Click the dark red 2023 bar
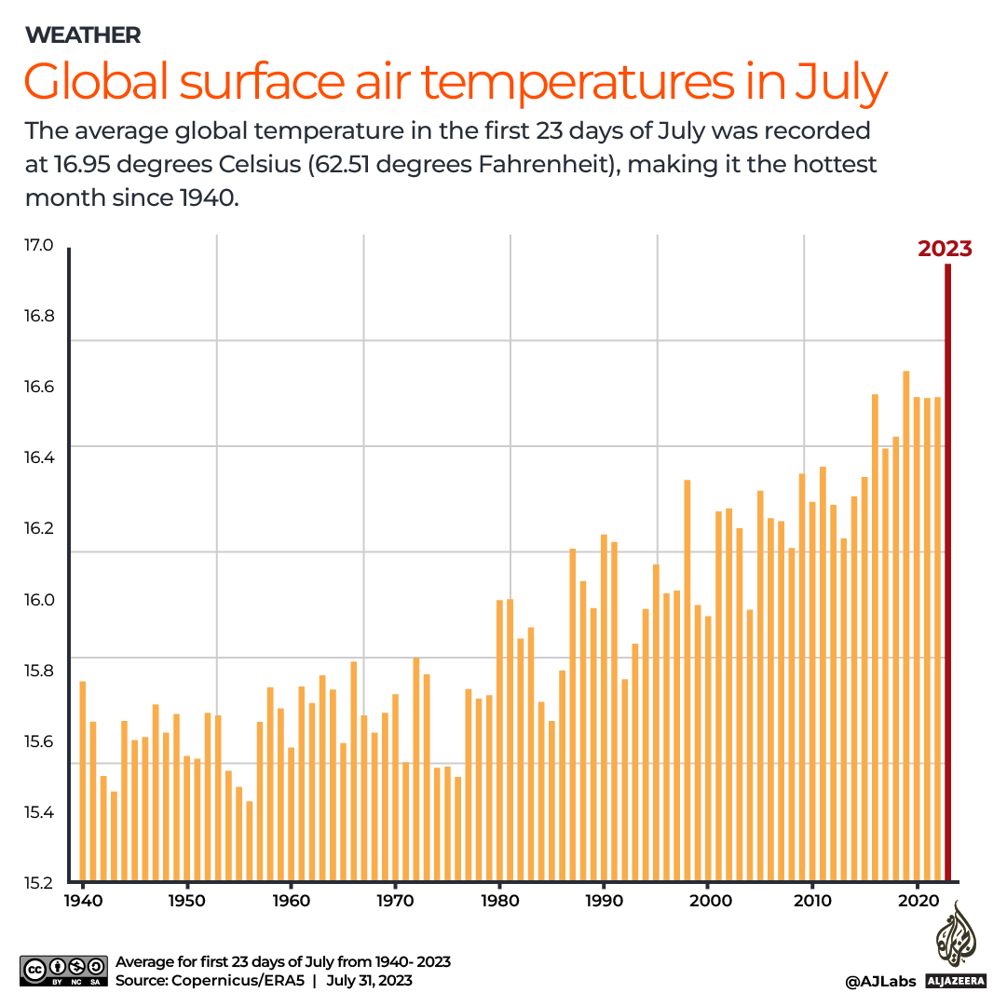(x=948, y=578)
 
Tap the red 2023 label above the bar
(x=945, y=249)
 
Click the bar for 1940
(x=83, y=782)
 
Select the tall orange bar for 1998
(x=687, y=680)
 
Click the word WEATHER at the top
(x=83, y=35)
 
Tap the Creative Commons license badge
(x=61, y=970)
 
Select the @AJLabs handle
(x=880, y=981)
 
